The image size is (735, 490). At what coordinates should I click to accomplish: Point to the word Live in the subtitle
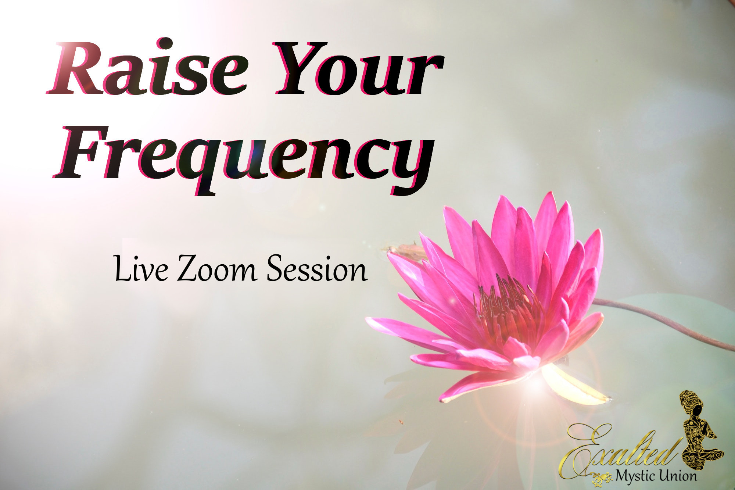pos(141,269)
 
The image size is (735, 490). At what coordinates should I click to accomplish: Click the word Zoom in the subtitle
pos(217,268)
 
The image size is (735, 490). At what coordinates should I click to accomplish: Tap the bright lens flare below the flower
pos(535,382)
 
